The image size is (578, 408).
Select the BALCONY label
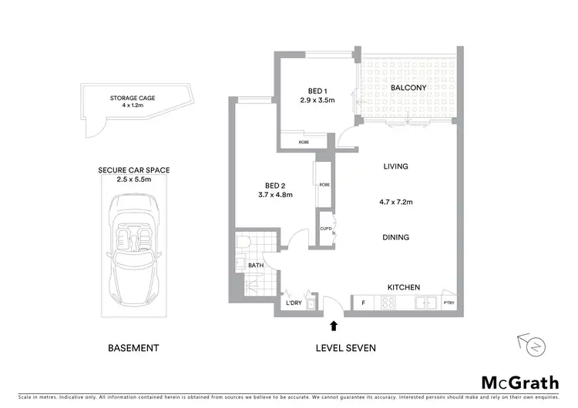(x=408, y=89)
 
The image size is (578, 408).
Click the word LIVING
(x=395, y=166)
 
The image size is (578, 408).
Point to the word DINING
(x=395, y=237)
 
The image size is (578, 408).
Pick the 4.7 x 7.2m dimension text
(x=395, y=202)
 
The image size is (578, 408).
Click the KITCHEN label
(x=403, y=287)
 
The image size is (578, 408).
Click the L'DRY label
(x=293, y=303)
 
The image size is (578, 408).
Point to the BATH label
(x=256, y=266)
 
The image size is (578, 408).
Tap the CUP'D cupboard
(x=325, y=229)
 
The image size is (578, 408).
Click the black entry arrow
(x=333, y=326)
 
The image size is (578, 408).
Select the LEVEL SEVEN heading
(x=346, y=348)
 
